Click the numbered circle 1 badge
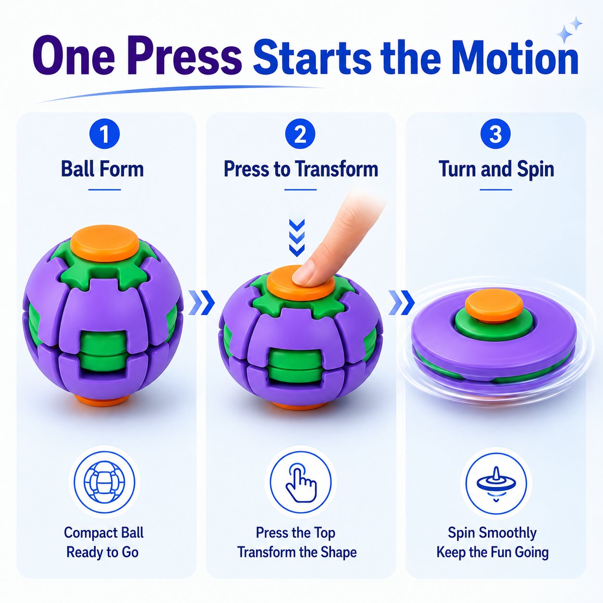pos(104,134)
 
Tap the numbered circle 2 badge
pos(300,134)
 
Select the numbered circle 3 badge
pos(495,134)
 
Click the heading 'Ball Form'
pos(102,169)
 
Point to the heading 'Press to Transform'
pos(301,169)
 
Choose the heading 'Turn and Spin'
pos(496,169)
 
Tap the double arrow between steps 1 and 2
pos(202,302)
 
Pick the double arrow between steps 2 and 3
pos(402,302)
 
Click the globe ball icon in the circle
pos(104,482)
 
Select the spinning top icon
pos(496,484)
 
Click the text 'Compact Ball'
pos(104,533)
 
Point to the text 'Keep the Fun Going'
pos(492,552)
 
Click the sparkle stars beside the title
pos(569,30)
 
